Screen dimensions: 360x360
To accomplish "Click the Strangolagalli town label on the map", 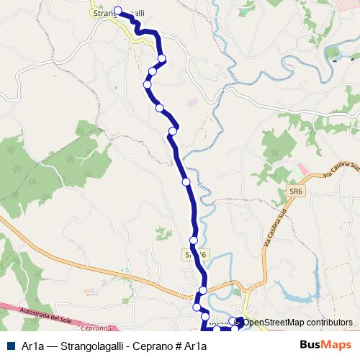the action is coord(119,13).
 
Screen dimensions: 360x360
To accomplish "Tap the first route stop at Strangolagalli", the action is coord(118,11).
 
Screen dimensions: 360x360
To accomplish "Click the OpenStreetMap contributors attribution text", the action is coord(297,323).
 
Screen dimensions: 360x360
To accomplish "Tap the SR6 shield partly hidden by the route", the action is coord(194,255).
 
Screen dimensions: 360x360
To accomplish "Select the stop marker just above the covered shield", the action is coord(194,240).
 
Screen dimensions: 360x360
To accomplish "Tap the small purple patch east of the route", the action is coord(191,102).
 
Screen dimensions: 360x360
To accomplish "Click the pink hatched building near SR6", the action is coord(302,171).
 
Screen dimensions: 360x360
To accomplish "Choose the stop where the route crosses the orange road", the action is coord(202,289).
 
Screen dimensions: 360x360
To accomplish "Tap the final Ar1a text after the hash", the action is coord(195,346).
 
